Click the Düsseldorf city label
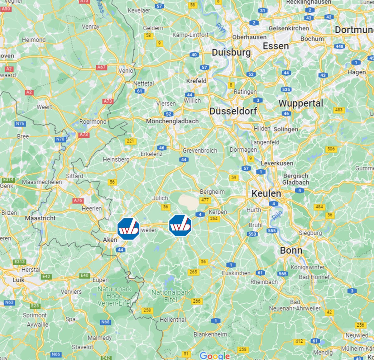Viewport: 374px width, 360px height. (x=233, y=111)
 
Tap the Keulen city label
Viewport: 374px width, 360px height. (x=266, y=193)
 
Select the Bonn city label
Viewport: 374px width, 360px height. (x=291, y=250)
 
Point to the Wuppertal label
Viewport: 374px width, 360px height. (x=301, y=103)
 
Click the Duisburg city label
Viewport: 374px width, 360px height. (x=231, y=52)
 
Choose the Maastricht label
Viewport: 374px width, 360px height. (x=40, y=218)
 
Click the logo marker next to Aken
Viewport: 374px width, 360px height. (x=128, y=229)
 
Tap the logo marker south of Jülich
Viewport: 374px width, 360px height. (x=180, y=225)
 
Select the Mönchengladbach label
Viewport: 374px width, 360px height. (x=172, y=121)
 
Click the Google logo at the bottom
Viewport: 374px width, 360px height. (x=215, y=356)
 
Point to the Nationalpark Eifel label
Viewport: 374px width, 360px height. (x=171, y=296)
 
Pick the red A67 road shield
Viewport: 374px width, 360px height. (x=101, y=67)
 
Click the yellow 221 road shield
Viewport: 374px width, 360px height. (x=130, y=141)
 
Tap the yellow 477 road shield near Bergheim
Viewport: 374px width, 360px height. (x=205, y=200)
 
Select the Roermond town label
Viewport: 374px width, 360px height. (x=93, y=122)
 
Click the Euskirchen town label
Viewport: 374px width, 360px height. (x=236, y=273)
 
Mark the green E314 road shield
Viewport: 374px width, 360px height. (x=8, y=180)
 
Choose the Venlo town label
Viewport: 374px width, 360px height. (x=126, y=71)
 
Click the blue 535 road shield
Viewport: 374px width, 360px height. (x=286, y=89)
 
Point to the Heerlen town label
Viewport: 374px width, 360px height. (x=92, y=208)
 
